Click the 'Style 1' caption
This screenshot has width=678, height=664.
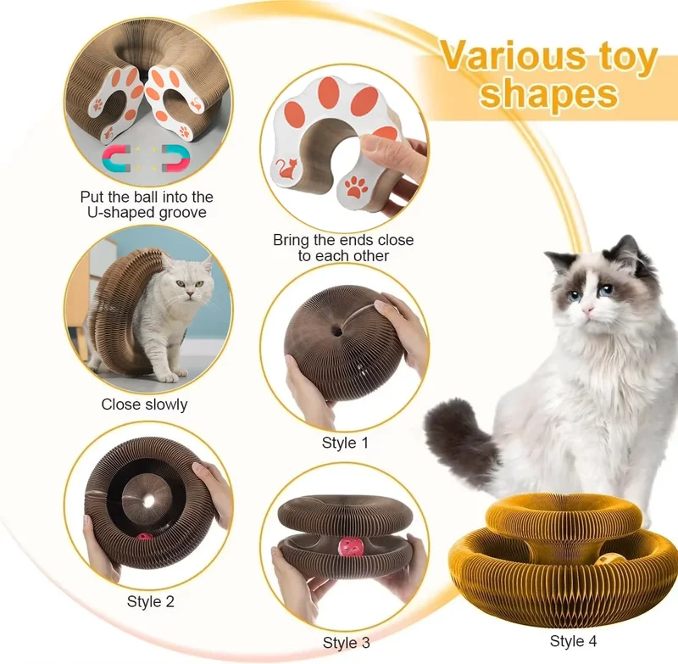click(345, 443)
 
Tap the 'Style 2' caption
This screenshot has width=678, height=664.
click(151, 602)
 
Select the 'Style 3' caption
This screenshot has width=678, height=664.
click(347, 643)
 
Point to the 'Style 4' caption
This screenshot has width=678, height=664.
click(574, 641)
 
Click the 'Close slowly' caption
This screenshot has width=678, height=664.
click(144, 405)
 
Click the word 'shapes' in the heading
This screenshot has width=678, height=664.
click(548, 94)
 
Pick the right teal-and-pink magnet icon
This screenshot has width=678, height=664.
click(175, 158)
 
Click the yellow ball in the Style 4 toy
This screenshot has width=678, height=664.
click(609, 560)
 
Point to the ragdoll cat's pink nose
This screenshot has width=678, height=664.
click(587, 310)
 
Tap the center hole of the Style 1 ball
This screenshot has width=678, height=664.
click(337, 332)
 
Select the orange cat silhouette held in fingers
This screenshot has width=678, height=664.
click(287, 169)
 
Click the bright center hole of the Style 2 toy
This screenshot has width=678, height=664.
click(149, 501)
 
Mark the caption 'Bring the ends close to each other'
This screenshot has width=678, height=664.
click(343, 248)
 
